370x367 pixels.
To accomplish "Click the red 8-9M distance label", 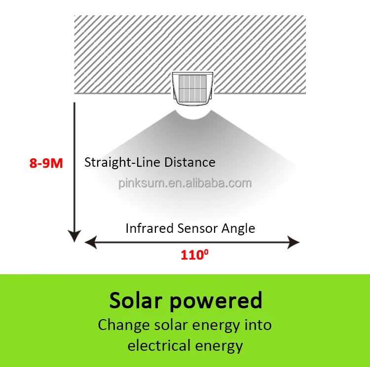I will [46, 163].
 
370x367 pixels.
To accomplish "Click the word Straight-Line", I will [116, 162].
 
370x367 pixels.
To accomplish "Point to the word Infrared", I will [146, 228].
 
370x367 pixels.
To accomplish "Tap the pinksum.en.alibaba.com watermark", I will [185, 183].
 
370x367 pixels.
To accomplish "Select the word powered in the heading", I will [216, 300].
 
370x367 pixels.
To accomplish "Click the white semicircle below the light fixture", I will [192, 112].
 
